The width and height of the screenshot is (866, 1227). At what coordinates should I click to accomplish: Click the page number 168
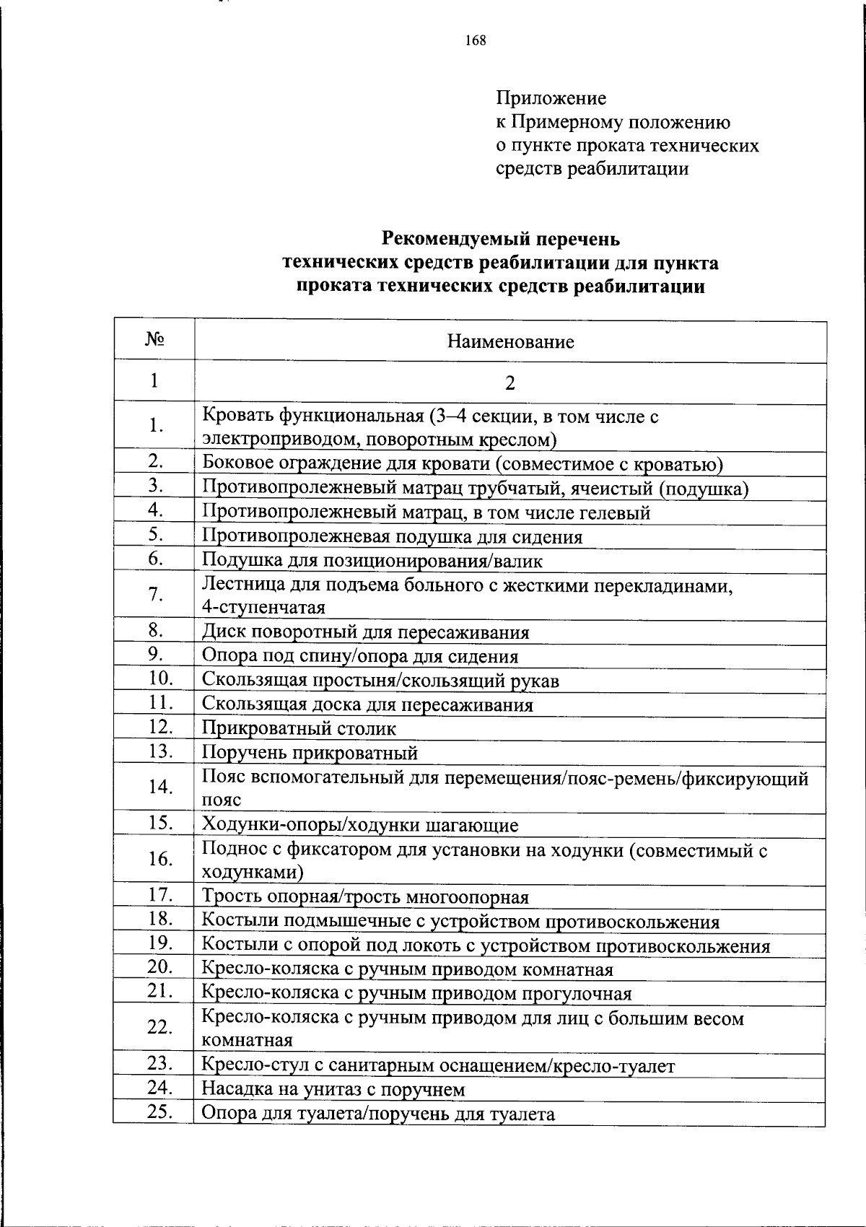[476, 40]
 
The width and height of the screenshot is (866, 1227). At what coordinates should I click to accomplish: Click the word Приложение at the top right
[551, 98]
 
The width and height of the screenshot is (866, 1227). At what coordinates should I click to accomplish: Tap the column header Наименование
[510, 342]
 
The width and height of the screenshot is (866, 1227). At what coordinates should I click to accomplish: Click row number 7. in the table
[154, 595]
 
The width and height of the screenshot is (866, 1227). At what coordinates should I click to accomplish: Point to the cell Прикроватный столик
[299, 729]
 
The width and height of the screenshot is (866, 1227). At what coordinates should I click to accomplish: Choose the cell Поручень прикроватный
[310, 754]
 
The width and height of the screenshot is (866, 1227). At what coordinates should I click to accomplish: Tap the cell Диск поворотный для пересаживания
[365, 633]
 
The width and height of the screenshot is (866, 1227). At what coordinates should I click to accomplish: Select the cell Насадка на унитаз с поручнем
[333, 1089]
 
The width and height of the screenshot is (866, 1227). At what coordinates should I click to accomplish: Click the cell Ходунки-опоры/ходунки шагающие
[359, 825]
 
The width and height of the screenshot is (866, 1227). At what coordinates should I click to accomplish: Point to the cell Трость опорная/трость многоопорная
[365, 897]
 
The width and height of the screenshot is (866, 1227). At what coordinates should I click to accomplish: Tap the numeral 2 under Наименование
[510, 383]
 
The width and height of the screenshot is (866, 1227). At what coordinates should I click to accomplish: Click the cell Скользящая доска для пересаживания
[367, 705]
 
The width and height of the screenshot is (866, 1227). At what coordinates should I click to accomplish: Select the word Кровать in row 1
[238, 416]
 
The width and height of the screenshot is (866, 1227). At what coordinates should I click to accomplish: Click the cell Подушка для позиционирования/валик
[372, 561]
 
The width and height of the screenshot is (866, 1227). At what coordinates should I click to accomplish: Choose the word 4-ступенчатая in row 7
[263, 607]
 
